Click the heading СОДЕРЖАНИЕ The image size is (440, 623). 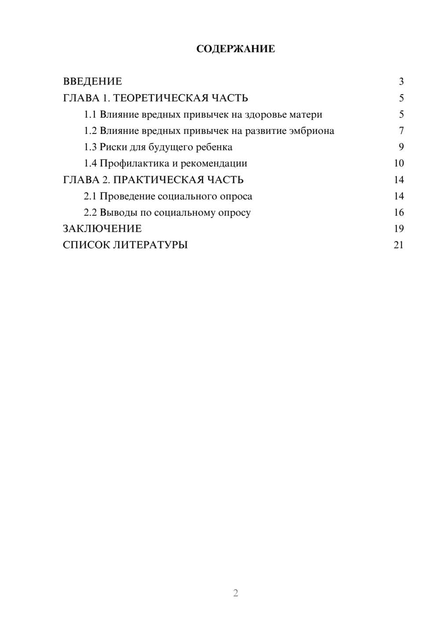235,49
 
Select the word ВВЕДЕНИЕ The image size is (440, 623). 92,82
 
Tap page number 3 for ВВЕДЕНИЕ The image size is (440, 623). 401,82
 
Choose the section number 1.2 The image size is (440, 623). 90,131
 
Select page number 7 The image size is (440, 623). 401,131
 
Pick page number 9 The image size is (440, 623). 401,147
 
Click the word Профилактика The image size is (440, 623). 134,163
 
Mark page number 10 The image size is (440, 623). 399,163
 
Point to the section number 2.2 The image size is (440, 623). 90,212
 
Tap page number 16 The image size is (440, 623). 399,212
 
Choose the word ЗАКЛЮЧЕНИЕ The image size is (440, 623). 102,229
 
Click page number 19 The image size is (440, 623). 399,229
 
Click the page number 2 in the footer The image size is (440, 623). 235,593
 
